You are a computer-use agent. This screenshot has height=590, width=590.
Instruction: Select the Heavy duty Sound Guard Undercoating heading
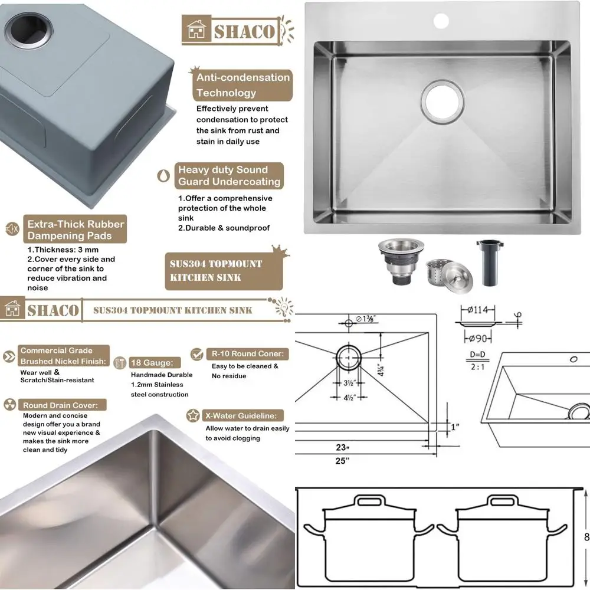(229, 176)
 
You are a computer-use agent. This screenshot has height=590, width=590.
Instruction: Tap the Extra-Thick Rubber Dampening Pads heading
(76, 230)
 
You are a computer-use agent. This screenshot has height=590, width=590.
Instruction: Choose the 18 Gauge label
(151, 363)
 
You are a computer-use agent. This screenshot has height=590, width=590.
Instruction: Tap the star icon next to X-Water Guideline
(192, 415)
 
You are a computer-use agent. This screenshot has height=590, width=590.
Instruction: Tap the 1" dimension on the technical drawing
(454, 426)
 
